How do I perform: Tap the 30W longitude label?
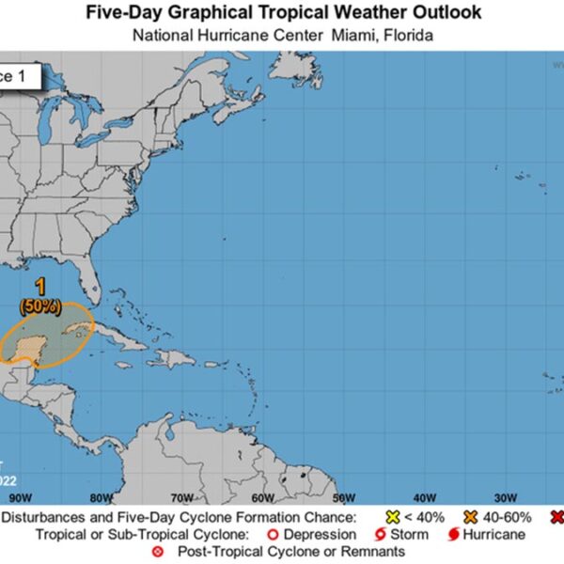[x=504, y=497]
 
